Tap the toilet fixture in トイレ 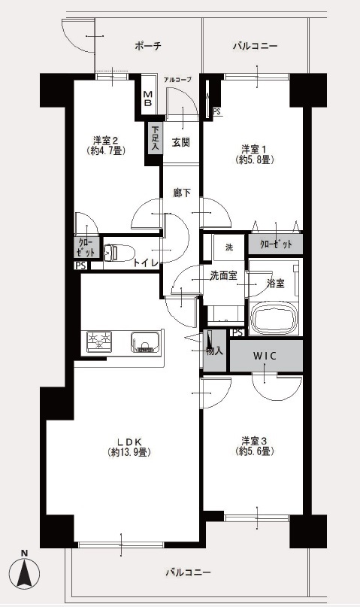118,253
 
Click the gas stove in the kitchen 99,341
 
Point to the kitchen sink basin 145,341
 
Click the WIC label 265,356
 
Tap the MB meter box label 148,99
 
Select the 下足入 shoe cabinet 155,138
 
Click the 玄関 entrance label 180,142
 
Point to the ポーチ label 148,46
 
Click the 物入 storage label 215,351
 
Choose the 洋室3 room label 255,441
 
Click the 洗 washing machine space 229,247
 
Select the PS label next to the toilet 81,266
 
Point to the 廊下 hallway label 182,193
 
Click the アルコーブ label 177,80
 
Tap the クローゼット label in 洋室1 276,244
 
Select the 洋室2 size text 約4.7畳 106,150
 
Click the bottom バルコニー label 189,572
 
